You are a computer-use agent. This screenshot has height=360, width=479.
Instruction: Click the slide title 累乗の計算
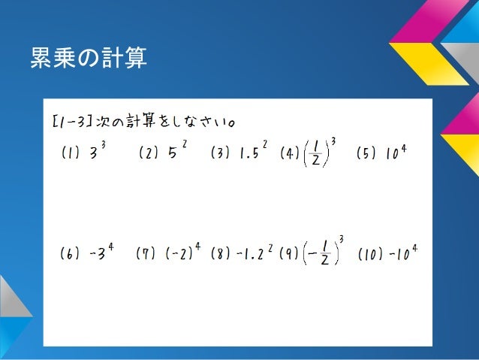[88, 58]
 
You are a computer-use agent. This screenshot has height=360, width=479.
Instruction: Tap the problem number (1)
[69, 154]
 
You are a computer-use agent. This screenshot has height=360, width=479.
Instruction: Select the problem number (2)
[149, 154]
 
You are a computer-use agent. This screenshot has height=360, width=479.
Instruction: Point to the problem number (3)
[221, 154]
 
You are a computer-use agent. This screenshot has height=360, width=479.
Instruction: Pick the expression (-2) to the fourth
[183, 252]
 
